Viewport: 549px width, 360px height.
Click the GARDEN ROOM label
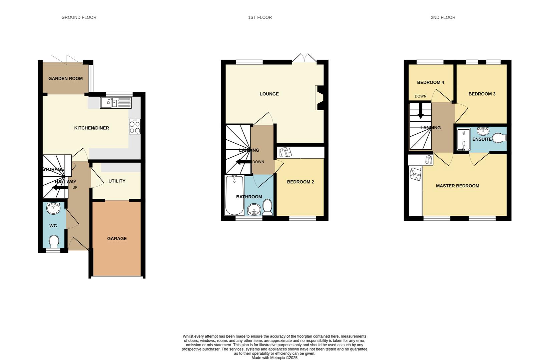pyautogui.click(x=65, y=79)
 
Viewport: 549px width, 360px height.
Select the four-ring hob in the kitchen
pyautogui.click(x=135, y=127)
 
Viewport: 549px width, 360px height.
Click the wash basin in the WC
pyautogui.click(x=54, y=208)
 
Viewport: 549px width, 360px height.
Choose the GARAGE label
pyautogui.click(x=117, y=239)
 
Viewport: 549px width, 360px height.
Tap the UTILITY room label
pyautogui.click(x=117, y=181)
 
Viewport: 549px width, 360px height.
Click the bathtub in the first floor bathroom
pyautogui.click(x=234, y=195)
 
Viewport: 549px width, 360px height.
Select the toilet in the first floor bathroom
pyautogui.click(x=268, y=207)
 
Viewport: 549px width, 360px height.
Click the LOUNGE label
pyautogui.click(x=269, y=94)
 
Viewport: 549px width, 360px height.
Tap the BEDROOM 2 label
pyautogui.click(x=301, y=182)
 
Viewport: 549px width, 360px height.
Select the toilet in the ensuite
pyautogui.click(x=500, y=138)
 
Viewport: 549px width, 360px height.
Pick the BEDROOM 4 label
pyautogui.click(x=431, y=82)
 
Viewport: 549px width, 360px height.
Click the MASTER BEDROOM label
pyautogui.click(x=458, y=186)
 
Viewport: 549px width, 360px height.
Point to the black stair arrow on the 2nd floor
pyautogui.click(x=421, y=111)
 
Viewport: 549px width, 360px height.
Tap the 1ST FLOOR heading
pyautogui.click(x=260, y=17)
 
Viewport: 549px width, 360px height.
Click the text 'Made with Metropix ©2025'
pyautogui.click(x=274, y=358)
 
